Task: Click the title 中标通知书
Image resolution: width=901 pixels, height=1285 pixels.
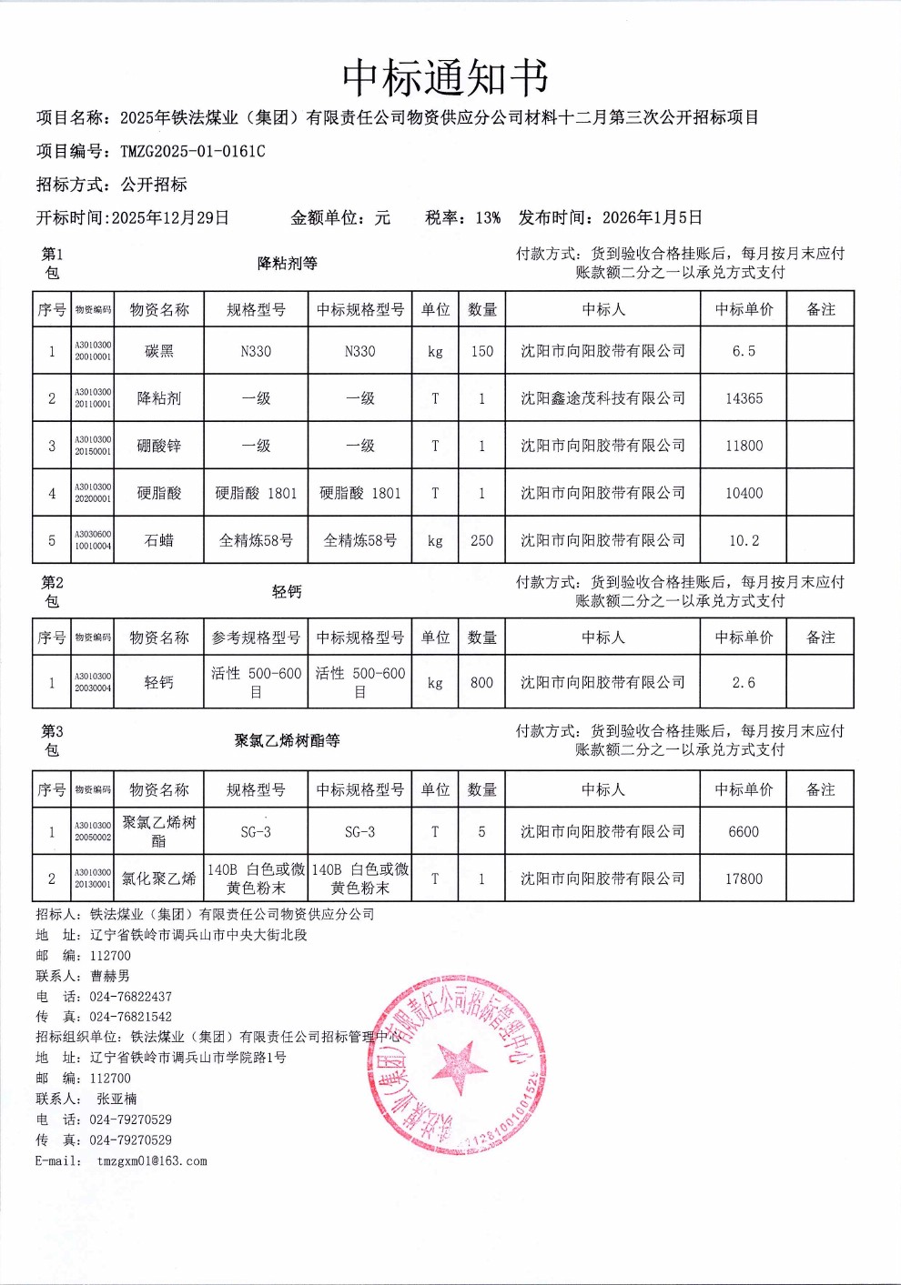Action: click(445, 78)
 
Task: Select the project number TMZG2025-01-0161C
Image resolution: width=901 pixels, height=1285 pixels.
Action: click(193, 151)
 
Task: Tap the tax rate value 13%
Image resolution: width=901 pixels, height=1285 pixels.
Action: click(488, 217)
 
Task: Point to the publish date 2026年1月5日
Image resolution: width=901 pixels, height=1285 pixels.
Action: click(653, 217)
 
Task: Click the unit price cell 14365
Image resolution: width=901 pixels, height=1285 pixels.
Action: click(744, 398)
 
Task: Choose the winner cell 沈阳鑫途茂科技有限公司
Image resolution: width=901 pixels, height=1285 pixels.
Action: click(602, 398)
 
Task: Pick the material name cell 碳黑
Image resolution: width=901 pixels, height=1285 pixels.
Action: click(159, 351)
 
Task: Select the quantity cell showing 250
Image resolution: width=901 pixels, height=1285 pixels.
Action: click(481, 540)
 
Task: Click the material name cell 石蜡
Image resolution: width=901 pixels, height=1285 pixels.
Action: click(159, 540)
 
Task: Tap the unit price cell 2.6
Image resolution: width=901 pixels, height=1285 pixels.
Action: click(744, 682)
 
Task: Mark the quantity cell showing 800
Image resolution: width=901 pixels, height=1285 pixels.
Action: click(481, 682)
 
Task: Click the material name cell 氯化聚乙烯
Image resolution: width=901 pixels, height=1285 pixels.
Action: click(159, 878)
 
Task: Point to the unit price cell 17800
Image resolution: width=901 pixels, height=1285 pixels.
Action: click(744, 878)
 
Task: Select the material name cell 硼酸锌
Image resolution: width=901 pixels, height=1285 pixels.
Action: click(159, 446)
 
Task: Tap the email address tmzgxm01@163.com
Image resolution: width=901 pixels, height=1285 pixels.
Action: click(152, 1160)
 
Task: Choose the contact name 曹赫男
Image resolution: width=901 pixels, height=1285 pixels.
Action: click(110, 976)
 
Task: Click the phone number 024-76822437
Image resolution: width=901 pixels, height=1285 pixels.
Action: click(130, 997)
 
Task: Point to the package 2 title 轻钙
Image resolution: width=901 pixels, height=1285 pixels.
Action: click(287, 592)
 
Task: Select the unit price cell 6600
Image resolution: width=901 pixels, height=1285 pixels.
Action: click(744, 831)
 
